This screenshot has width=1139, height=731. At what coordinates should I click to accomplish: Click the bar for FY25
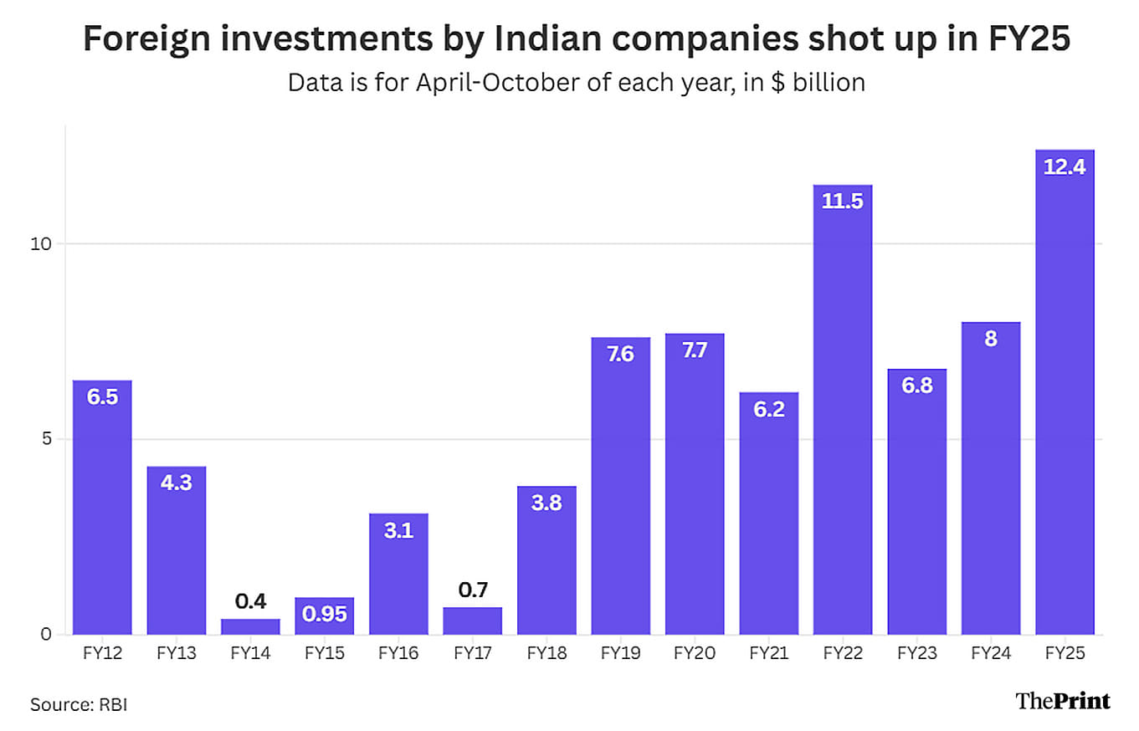coord(1065,393)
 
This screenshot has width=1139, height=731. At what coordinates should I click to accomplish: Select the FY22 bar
coord(843,410)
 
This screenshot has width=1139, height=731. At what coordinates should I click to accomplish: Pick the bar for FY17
coord(472,621)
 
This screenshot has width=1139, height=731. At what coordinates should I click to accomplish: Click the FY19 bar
coord(620,485)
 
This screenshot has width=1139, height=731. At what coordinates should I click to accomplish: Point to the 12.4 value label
coord(1065,167)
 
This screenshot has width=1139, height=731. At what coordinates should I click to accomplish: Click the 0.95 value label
coord(324,613)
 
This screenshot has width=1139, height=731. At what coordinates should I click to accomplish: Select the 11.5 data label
coord(843,202)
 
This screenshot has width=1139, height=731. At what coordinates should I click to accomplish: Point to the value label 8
coord(991,340)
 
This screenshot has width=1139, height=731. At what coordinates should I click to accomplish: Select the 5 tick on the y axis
coord(48,439)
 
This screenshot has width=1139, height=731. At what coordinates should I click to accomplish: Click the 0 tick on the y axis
coord(48,634)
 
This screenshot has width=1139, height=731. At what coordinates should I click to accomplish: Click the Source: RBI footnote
coord(79,704)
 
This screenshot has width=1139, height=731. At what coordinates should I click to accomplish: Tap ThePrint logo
coord(1063,701)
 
